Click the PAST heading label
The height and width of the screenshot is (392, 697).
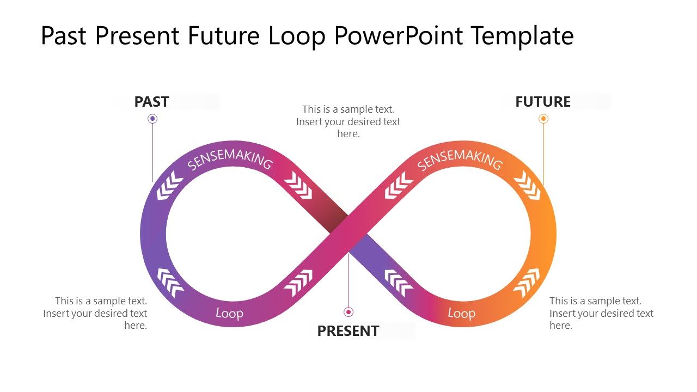(151, 102)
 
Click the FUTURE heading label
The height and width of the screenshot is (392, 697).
(542, 102)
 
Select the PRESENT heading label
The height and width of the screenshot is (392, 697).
(348, 330)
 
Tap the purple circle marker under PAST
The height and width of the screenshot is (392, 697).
(152, 119)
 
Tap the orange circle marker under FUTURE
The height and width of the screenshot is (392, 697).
(543, 119)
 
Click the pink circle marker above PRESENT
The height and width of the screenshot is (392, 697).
(348, 312)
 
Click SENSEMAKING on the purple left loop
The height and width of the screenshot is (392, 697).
(229, 159)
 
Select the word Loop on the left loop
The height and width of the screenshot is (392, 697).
(229, 313)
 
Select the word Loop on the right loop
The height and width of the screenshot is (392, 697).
(461, 313)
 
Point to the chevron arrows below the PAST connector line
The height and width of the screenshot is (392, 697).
(170, 186)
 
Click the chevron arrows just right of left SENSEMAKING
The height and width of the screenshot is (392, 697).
(298, 186)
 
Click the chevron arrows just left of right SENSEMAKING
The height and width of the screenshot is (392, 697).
(399, 186)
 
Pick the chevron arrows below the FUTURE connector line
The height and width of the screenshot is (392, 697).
(527, 186)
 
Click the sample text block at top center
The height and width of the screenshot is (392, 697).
(348, 121)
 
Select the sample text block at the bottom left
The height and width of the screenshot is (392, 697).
(95, 313)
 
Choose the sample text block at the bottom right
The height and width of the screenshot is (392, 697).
(601, 313)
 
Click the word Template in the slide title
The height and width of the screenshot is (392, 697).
(522, 36)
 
